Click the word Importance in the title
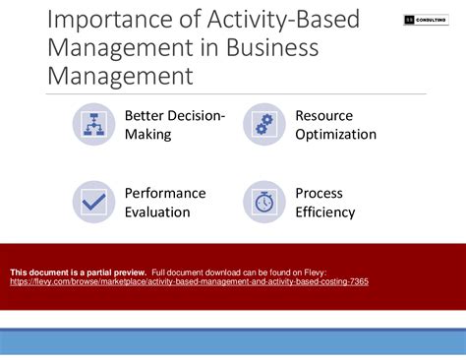click(94, 19)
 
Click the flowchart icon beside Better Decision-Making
click(93, 124)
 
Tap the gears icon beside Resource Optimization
click(264, 124)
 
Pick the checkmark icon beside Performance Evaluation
click(93, 202)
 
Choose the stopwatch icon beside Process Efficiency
click(264, 202)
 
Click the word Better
click(146, 116)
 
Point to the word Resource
click(323, 116)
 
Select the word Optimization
click(336, 135)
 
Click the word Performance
click(165, 193)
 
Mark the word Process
click(320, 193)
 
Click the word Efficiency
click(325, 211)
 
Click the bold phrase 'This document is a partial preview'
click(78, 271)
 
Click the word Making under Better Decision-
click(147, 135)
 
